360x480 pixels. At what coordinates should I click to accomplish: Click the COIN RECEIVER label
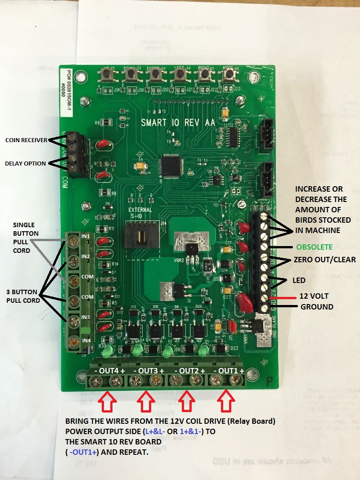[26, 140]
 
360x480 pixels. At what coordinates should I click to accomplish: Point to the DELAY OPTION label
[25, 164]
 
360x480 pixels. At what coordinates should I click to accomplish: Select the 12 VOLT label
[314, 296]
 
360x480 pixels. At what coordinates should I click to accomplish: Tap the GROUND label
[317, 307]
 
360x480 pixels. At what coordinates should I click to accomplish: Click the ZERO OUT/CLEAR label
[318, 260]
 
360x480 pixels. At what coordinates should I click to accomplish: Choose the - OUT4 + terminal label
[106, 370]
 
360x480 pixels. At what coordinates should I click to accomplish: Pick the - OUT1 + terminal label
[229, 370]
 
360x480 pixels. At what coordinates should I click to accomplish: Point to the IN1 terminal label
[86, 236]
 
